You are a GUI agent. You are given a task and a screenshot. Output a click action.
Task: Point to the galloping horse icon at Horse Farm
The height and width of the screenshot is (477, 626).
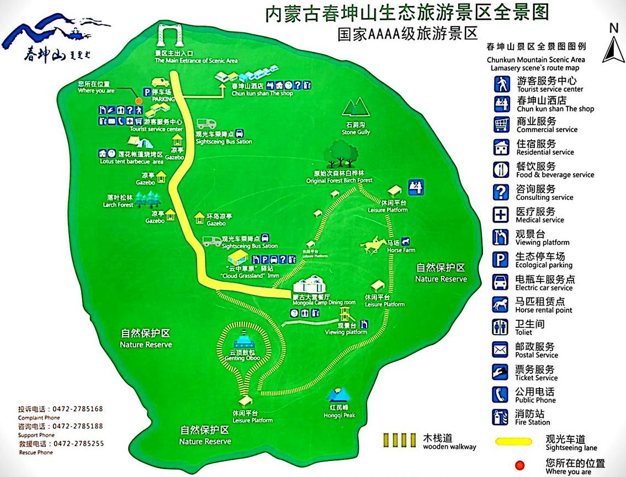[x=373, y=245]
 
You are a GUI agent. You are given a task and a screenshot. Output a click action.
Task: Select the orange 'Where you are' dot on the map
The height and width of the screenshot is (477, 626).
[x=138, y=100]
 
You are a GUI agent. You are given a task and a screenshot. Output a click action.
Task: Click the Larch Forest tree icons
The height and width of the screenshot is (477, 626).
[x=147, y=198]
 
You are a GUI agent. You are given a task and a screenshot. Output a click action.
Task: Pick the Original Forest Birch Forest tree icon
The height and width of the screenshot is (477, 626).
[x=340, y=155]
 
